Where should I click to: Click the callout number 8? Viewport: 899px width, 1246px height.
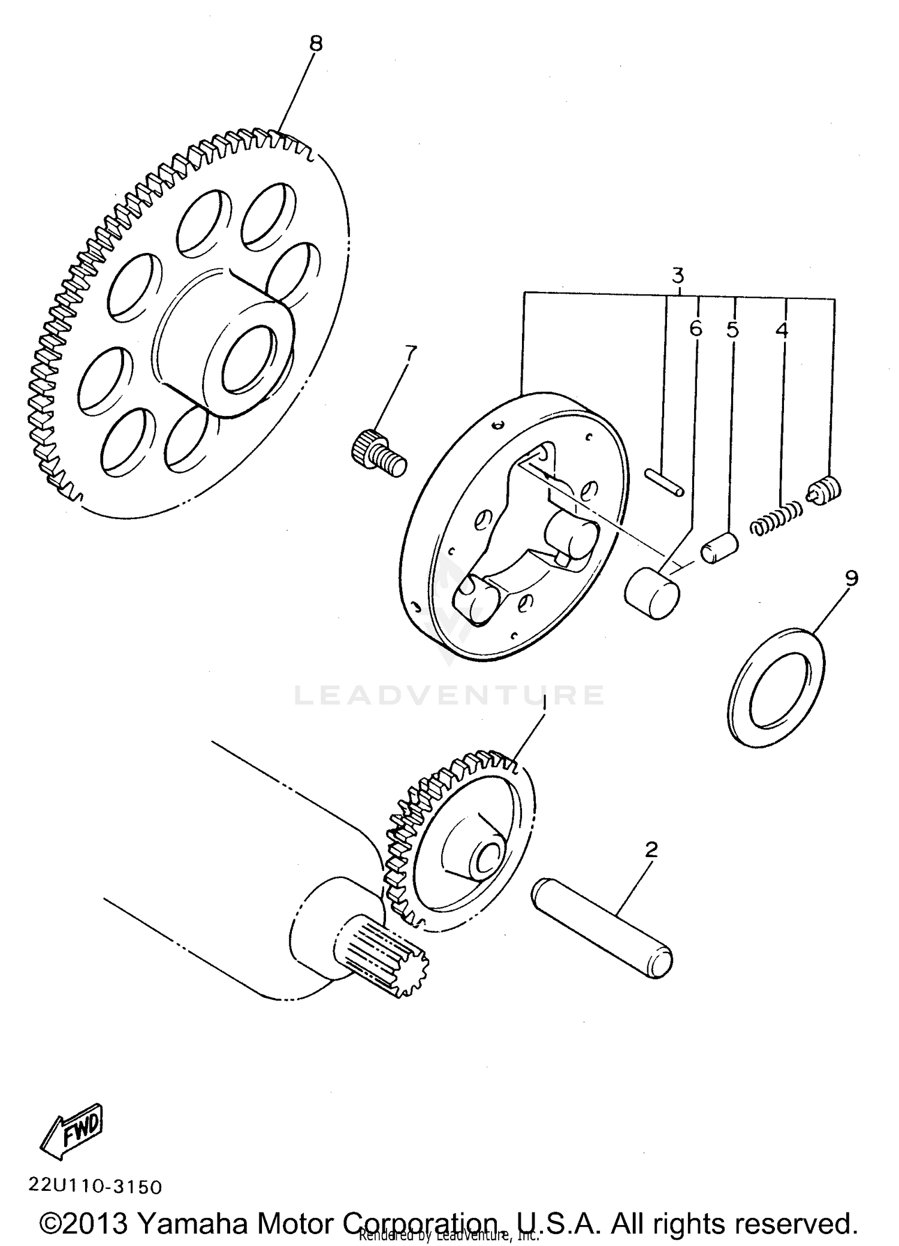point(316,43)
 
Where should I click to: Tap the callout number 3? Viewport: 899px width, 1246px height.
point(677,276)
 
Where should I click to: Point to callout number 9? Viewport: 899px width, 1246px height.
point(852,578)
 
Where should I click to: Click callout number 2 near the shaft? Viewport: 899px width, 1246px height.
point(651,849)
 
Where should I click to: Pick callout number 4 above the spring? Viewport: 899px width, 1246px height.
point(782,330)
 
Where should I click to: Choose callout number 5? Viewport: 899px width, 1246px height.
point(732,330)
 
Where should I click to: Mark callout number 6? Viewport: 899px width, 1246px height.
point(695,328)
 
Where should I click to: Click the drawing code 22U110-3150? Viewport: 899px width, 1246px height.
point(95,1186)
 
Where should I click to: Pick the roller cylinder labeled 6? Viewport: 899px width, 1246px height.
point(652,593)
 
